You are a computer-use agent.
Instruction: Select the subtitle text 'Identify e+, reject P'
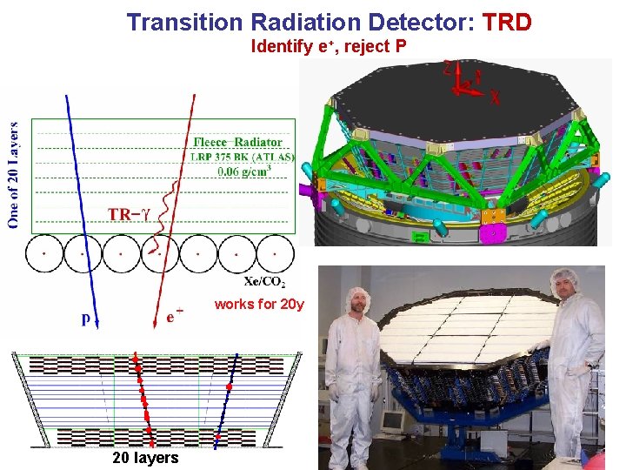coord(328,46)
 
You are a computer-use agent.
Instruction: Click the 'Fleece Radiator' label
coord(237,142)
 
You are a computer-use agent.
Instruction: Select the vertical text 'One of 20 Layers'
coord(13,174)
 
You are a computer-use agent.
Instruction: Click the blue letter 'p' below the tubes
coord(86,319)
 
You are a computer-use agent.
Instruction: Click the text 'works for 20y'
coord(259,305)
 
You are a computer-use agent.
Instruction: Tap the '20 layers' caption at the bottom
coord(145,458)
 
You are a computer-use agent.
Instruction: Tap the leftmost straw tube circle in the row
coord(43,254)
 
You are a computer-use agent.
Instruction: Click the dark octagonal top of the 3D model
coord(452,109)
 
